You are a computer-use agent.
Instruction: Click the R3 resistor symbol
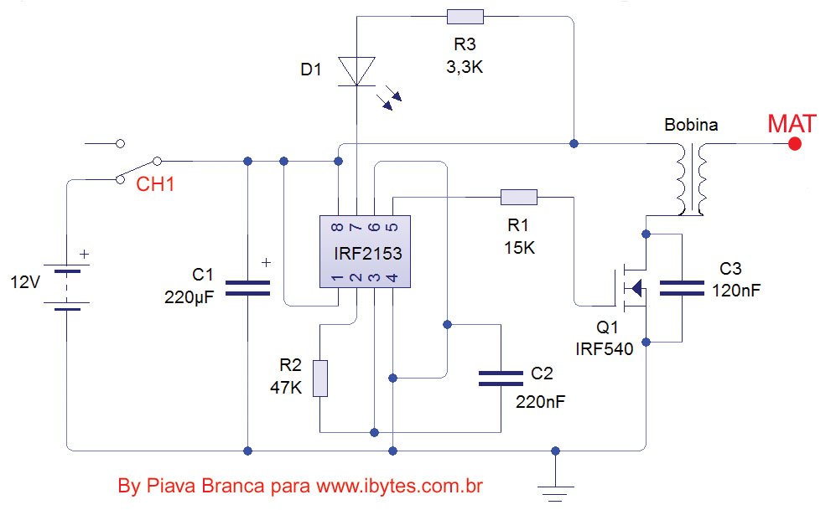pyautogui.click(x=465, y=17)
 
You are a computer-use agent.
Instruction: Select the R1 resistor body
pyautogui.click(x=519, y=198)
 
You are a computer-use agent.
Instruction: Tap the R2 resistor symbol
pyautogui.click(x=320, y=379)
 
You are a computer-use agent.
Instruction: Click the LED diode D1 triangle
pyautogui.click(x=356, y=71)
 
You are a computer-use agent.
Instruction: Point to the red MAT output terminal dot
pyautogui.click(x=795, y=144)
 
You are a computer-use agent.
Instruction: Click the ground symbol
pyautogui.click(x=556, y=493)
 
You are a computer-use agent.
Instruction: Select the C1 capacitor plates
pyautogui.click(x=247, y=287)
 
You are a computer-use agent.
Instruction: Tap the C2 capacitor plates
pyautogui.click(x=501, y=379)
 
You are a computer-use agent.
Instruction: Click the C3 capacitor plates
pyautogui.click(x=682, y=288)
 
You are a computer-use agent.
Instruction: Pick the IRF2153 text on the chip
pyautogui.click(x=368, y=254)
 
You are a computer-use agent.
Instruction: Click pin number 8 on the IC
pyautogui.click(x=337, y=227)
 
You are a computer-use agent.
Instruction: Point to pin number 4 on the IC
pyautogui.click(x=392, y=277)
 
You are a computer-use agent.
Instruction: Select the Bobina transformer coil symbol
pyautogui.click(x=692, y=179)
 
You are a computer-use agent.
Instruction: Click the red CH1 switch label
pyautogui.click(x=155, y=184)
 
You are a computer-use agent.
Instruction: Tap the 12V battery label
pyautogui.click(x=25, y=281)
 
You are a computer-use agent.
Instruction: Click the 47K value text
pyautogui.click(x=286, y=388)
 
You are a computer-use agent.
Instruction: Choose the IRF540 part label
pyautogui.click(x=604, y=349)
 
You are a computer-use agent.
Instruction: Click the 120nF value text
pyautogui.click(x=735, y=291)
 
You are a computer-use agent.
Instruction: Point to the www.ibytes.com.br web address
pyautogui.click(x=399, y=486)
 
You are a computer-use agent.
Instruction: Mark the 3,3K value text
pyautogui.click(x=465, y=67)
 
